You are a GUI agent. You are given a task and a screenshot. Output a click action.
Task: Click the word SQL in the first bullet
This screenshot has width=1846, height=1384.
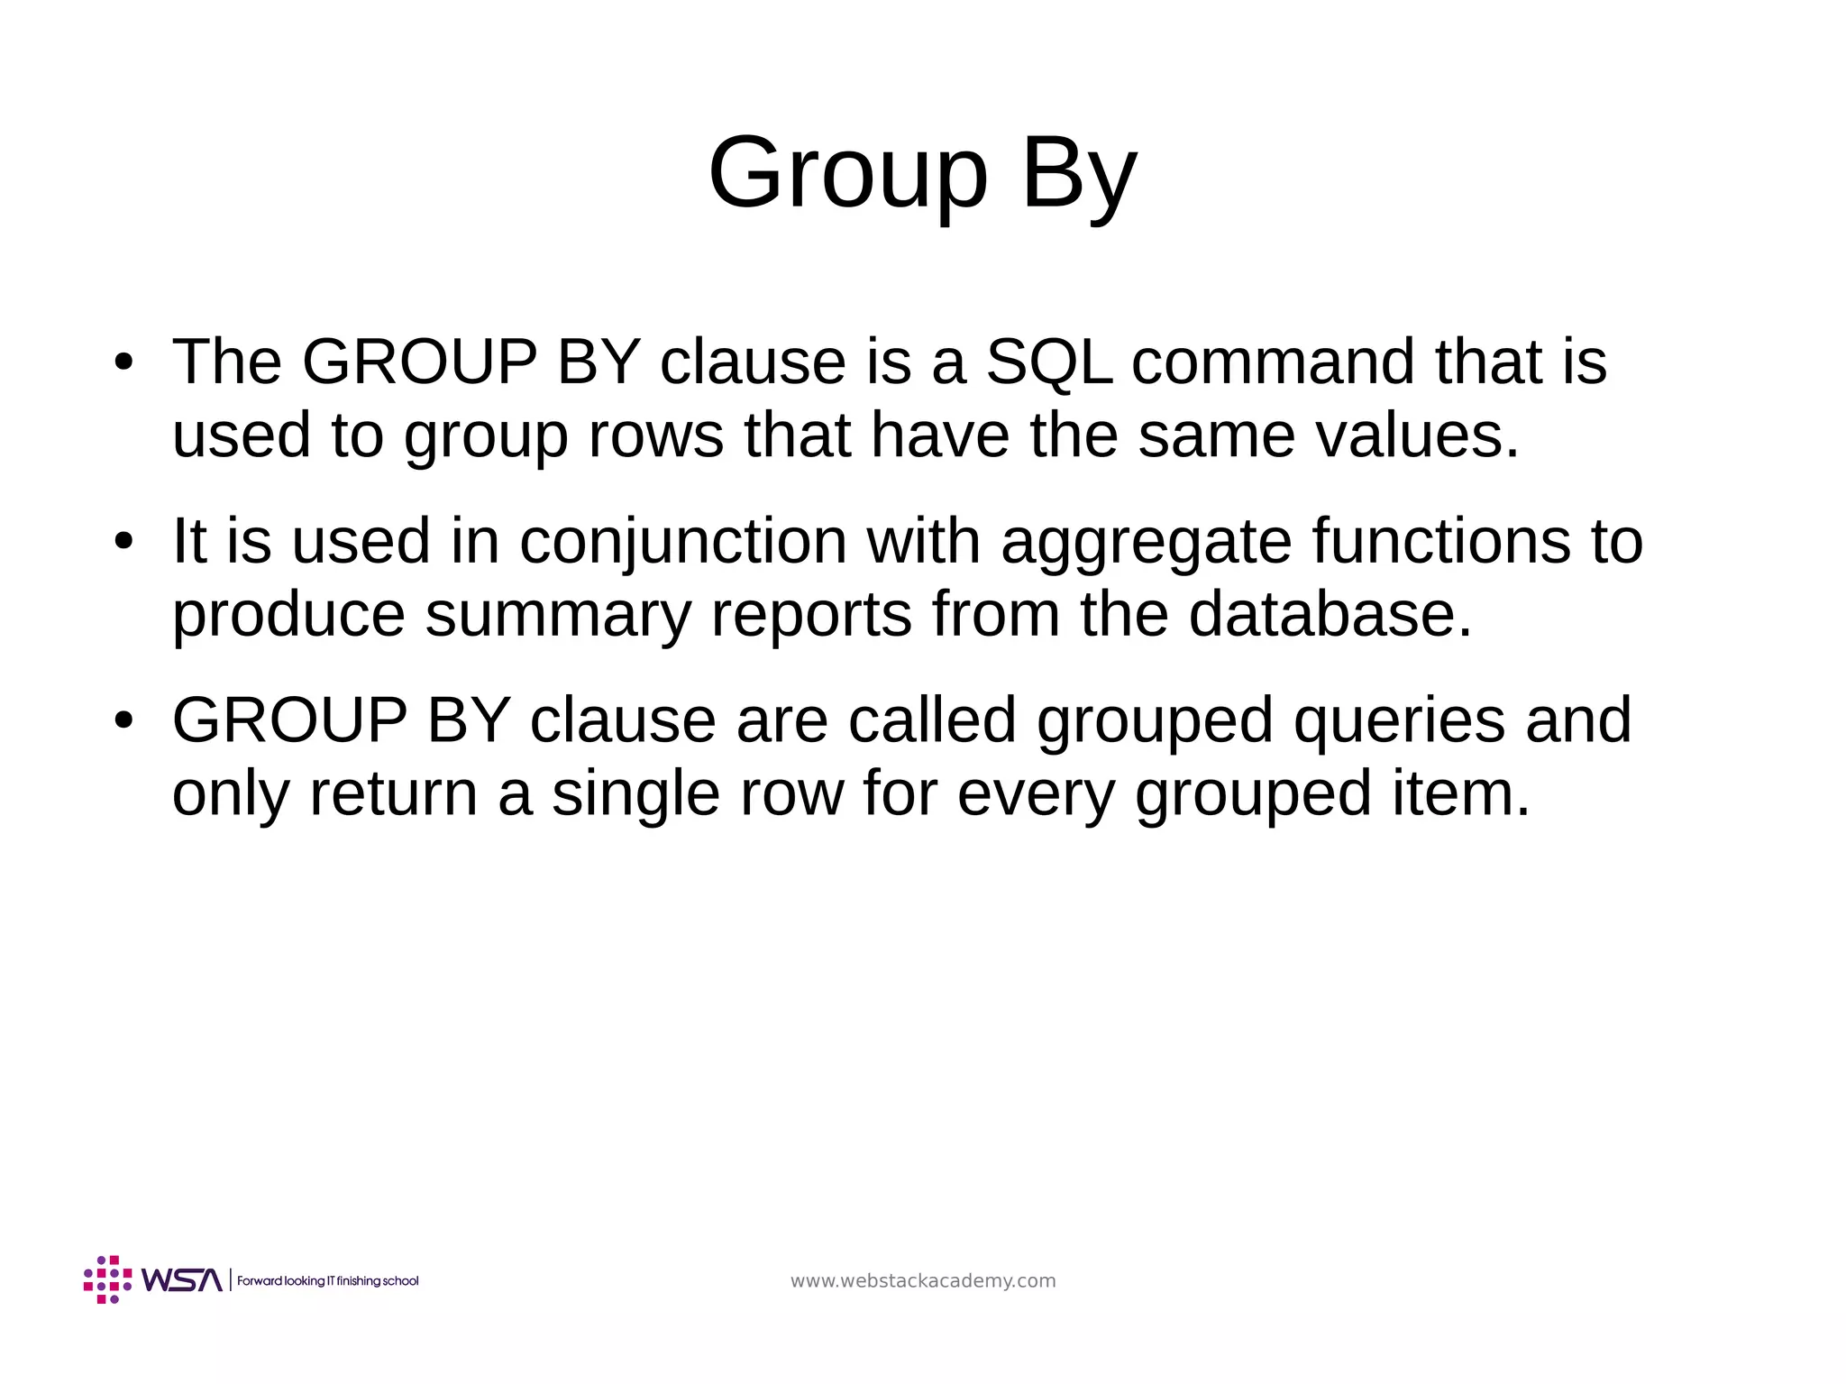[1049, 362]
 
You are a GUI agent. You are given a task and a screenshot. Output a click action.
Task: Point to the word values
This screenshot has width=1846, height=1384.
[1416, 435]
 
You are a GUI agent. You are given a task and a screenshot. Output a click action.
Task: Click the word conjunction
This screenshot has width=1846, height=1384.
[683, 542]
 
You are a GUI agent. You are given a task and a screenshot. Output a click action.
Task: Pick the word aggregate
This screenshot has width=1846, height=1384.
[1146, 542]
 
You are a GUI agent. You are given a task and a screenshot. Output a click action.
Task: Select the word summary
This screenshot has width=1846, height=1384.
[557, 615]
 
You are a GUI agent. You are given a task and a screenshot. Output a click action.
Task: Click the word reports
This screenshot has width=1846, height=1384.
[811, 615]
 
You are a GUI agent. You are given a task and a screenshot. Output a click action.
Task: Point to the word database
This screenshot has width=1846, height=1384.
[1330, 615]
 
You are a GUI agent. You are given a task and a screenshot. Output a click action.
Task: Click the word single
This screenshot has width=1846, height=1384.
[635, 793]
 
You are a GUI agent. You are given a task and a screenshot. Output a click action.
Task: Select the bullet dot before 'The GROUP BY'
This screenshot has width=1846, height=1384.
[123, 362]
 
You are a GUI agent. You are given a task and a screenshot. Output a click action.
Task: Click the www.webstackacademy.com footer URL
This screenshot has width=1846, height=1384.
[923, 1281]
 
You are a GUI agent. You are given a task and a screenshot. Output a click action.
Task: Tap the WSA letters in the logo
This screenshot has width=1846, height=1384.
[181, 1280]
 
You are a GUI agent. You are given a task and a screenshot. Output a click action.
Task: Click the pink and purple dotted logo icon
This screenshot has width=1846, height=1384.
[107, 1279]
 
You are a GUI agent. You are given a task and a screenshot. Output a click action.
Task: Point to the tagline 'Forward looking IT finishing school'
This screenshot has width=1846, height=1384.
[328, 1281]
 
